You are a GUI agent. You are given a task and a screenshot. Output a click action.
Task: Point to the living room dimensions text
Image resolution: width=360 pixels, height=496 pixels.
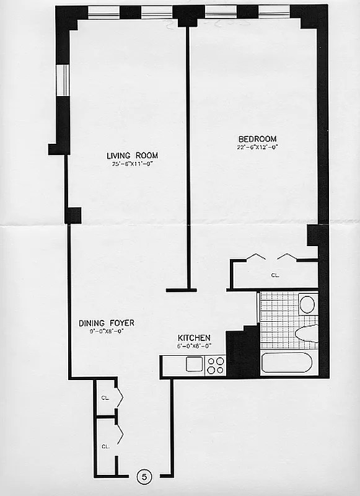[x=132, y=164]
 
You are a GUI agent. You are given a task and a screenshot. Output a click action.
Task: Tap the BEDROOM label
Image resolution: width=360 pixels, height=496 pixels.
[x=257, y=138]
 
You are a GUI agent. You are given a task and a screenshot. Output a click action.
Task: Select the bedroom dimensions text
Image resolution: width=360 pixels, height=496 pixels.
[x=257, y=147]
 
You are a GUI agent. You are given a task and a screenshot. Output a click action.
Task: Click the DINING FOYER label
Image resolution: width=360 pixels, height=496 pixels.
[x=106, y=323]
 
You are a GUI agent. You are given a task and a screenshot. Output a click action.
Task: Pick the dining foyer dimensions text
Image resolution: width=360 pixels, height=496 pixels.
[x=106, y=332]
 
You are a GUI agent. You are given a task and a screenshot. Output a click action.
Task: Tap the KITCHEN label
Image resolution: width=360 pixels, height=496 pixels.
[x=194, y=337]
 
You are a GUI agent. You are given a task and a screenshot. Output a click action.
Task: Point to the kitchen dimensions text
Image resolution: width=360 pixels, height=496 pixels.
[x=194, y=346]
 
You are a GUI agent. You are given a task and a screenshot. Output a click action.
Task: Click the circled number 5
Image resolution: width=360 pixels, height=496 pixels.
[x=144, y=477]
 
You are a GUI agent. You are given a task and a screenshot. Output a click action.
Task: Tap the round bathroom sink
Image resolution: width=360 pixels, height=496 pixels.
[x=307, y=304]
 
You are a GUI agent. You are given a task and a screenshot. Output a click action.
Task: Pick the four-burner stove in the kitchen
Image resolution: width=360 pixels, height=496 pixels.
[x=215, y=365]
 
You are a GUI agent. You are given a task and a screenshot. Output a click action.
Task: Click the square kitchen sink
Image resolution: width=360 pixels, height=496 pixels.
[x=195, y=365]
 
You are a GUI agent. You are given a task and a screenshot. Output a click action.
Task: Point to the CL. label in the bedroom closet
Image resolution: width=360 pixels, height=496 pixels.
[x=274, y=274]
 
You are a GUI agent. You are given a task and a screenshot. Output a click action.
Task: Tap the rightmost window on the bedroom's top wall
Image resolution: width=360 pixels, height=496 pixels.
[x=274, y=12]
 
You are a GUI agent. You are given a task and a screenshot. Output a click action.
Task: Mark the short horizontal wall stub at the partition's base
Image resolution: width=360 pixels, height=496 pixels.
[x=181, y=290]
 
